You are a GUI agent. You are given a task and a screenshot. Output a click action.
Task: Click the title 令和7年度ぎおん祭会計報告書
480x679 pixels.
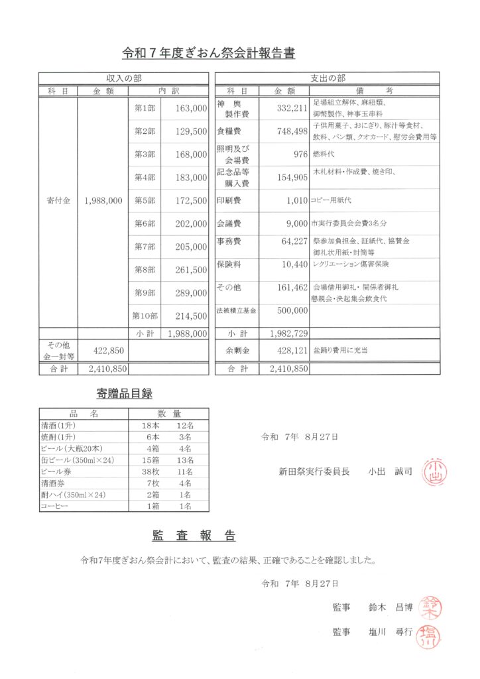coord(209,52)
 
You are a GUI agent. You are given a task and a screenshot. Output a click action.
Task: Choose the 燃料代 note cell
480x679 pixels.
coord(324,153)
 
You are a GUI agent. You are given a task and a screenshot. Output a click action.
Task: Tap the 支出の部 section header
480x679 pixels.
coord(328,78)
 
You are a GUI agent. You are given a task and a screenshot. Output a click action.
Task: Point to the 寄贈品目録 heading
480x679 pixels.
coord(125,394)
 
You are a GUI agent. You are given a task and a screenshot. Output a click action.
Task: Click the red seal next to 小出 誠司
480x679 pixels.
coord(434,471)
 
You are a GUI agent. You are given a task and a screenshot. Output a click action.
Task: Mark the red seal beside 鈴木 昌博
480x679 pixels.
coord(432,607)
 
